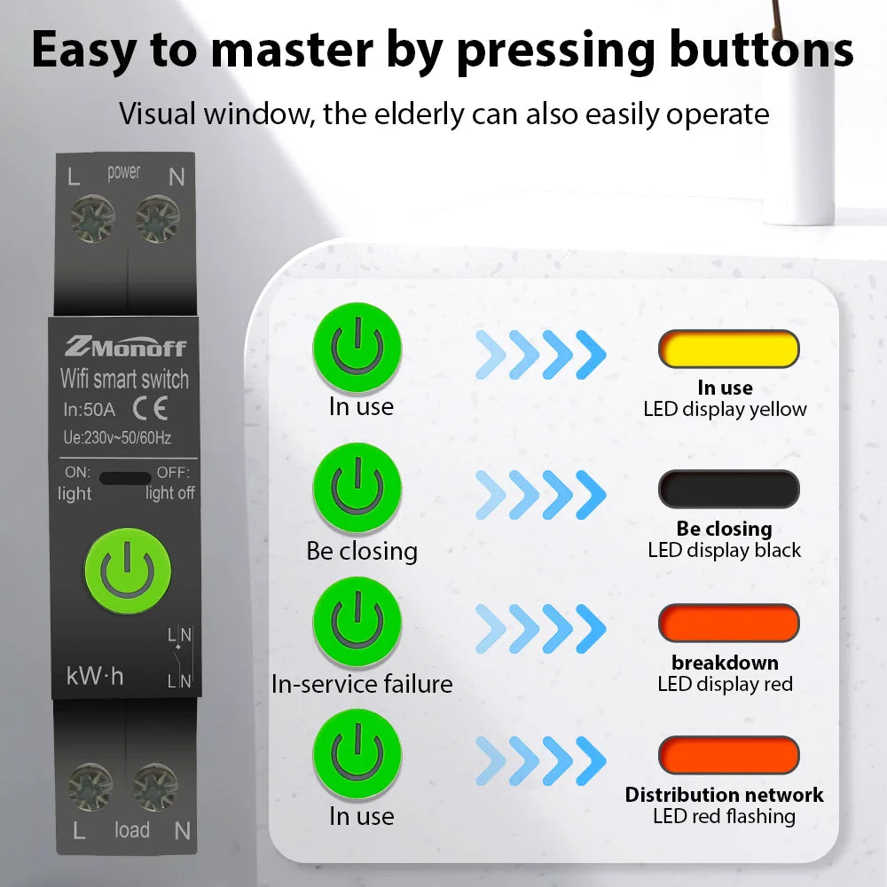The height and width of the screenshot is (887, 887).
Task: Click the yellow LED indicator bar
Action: (x=728, y=349)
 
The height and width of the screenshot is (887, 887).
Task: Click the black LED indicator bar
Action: (x=728, y=489)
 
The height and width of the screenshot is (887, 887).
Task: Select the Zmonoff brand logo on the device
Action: (x=125, y=346)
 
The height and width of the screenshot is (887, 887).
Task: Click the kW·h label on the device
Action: (x=95, y=676)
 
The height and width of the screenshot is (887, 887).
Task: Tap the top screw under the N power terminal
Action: (x=158, y=218)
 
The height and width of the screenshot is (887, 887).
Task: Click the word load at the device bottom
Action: (x=131, y=830)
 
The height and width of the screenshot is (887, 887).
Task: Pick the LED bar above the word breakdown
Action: (x=728, y=623)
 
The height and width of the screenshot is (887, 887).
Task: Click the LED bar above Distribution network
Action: (x=728, y=755)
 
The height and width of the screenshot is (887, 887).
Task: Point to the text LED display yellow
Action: (x=725, y=410)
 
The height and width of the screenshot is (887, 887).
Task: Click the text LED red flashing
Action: (x=724, y=817)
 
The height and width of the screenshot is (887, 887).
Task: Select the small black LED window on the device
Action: (x=125, y=478)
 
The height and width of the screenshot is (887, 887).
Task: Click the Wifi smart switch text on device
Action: (x=124, y=380)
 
